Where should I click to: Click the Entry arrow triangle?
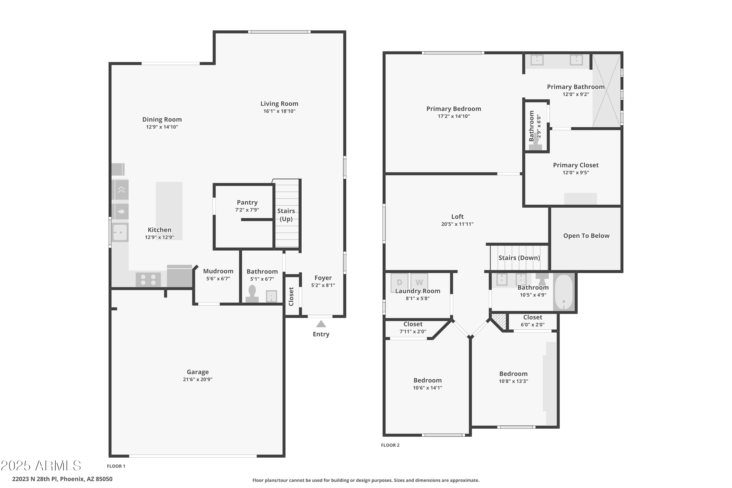(x=321, y=324)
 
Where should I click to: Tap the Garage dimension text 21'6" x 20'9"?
(x=198, y=379)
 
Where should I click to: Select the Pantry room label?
(x=247, y=202)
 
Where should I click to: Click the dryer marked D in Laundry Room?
(x=399, y=282)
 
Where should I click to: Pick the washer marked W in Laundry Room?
(x=419, y=282)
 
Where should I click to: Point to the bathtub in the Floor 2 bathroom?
(x=564, y=292)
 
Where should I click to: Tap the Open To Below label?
(x=586, y=236)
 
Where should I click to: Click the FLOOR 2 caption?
(x=390, y=445)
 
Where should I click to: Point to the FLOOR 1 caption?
(x=116, y=466)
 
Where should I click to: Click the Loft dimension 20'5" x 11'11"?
(x=457, y=224)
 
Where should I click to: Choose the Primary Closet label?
(x=575, y=165)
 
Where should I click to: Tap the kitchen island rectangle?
(x=169, y=211)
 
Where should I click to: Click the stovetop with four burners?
(x=148, y=279)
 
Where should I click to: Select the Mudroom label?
(x=218, y=271)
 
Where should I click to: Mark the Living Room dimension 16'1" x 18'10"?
(x=279, y=111)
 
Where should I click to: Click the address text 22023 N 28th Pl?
(x=62, y=479)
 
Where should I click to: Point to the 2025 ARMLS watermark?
(x=41, y=466)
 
